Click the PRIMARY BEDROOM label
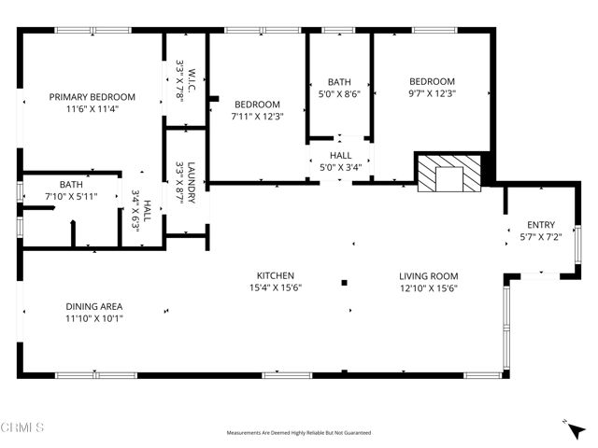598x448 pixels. point(92,96)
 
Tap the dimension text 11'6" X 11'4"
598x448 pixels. point(92,108)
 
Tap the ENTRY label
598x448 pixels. point(541,224)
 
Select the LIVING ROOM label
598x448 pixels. point(428,275)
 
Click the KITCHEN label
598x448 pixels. point(276,275)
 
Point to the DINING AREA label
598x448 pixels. point(93,306)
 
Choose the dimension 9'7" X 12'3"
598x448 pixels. point(431,93)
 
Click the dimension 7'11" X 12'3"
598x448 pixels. point(257,116)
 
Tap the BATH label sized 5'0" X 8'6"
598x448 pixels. point(338,81)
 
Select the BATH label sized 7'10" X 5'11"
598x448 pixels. point(71,185)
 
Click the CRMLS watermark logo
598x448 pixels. point(22,427)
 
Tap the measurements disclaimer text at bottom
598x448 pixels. point(299,433)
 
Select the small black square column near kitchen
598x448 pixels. point(345,282)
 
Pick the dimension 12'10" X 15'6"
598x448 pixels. point(428,287)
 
